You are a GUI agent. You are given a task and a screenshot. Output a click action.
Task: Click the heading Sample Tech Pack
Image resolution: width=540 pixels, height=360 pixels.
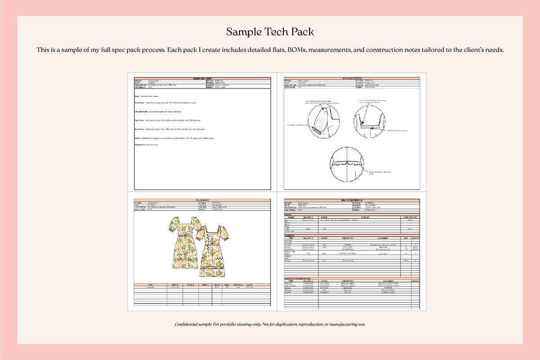[x=270, y=32]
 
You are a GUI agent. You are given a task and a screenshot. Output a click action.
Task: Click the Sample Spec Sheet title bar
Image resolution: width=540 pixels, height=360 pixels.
[x=202, y=78]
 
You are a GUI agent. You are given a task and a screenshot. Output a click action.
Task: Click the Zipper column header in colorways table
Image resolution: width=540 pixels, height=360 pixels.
[x=227, y=285]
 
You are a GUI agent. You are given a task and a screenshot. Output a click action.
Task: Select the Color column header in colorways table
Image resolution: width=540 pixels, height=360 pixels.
[x=150, y=285]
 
